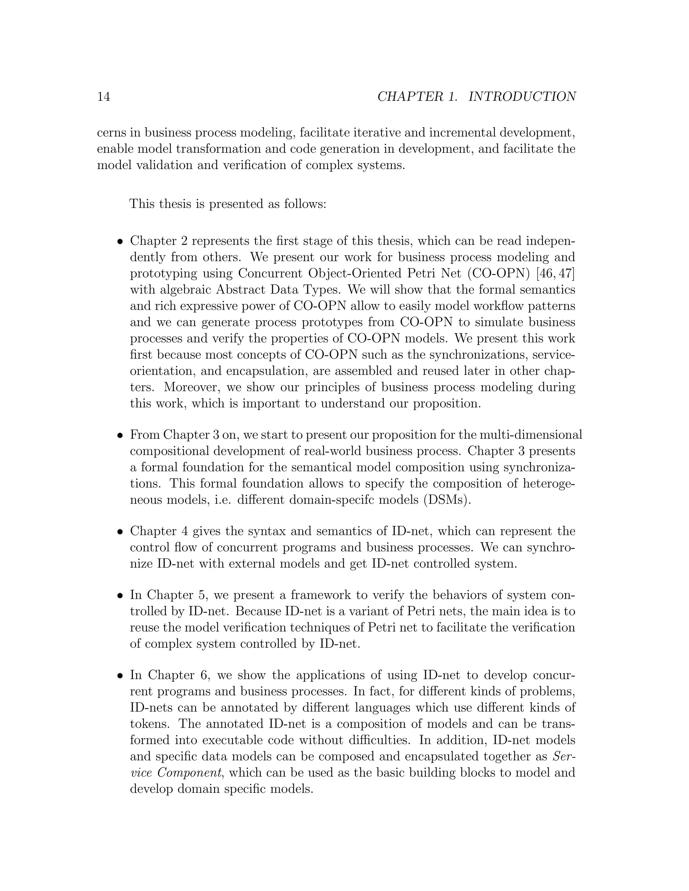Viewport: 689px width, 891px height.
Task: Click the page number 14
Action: pos(104,97)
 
